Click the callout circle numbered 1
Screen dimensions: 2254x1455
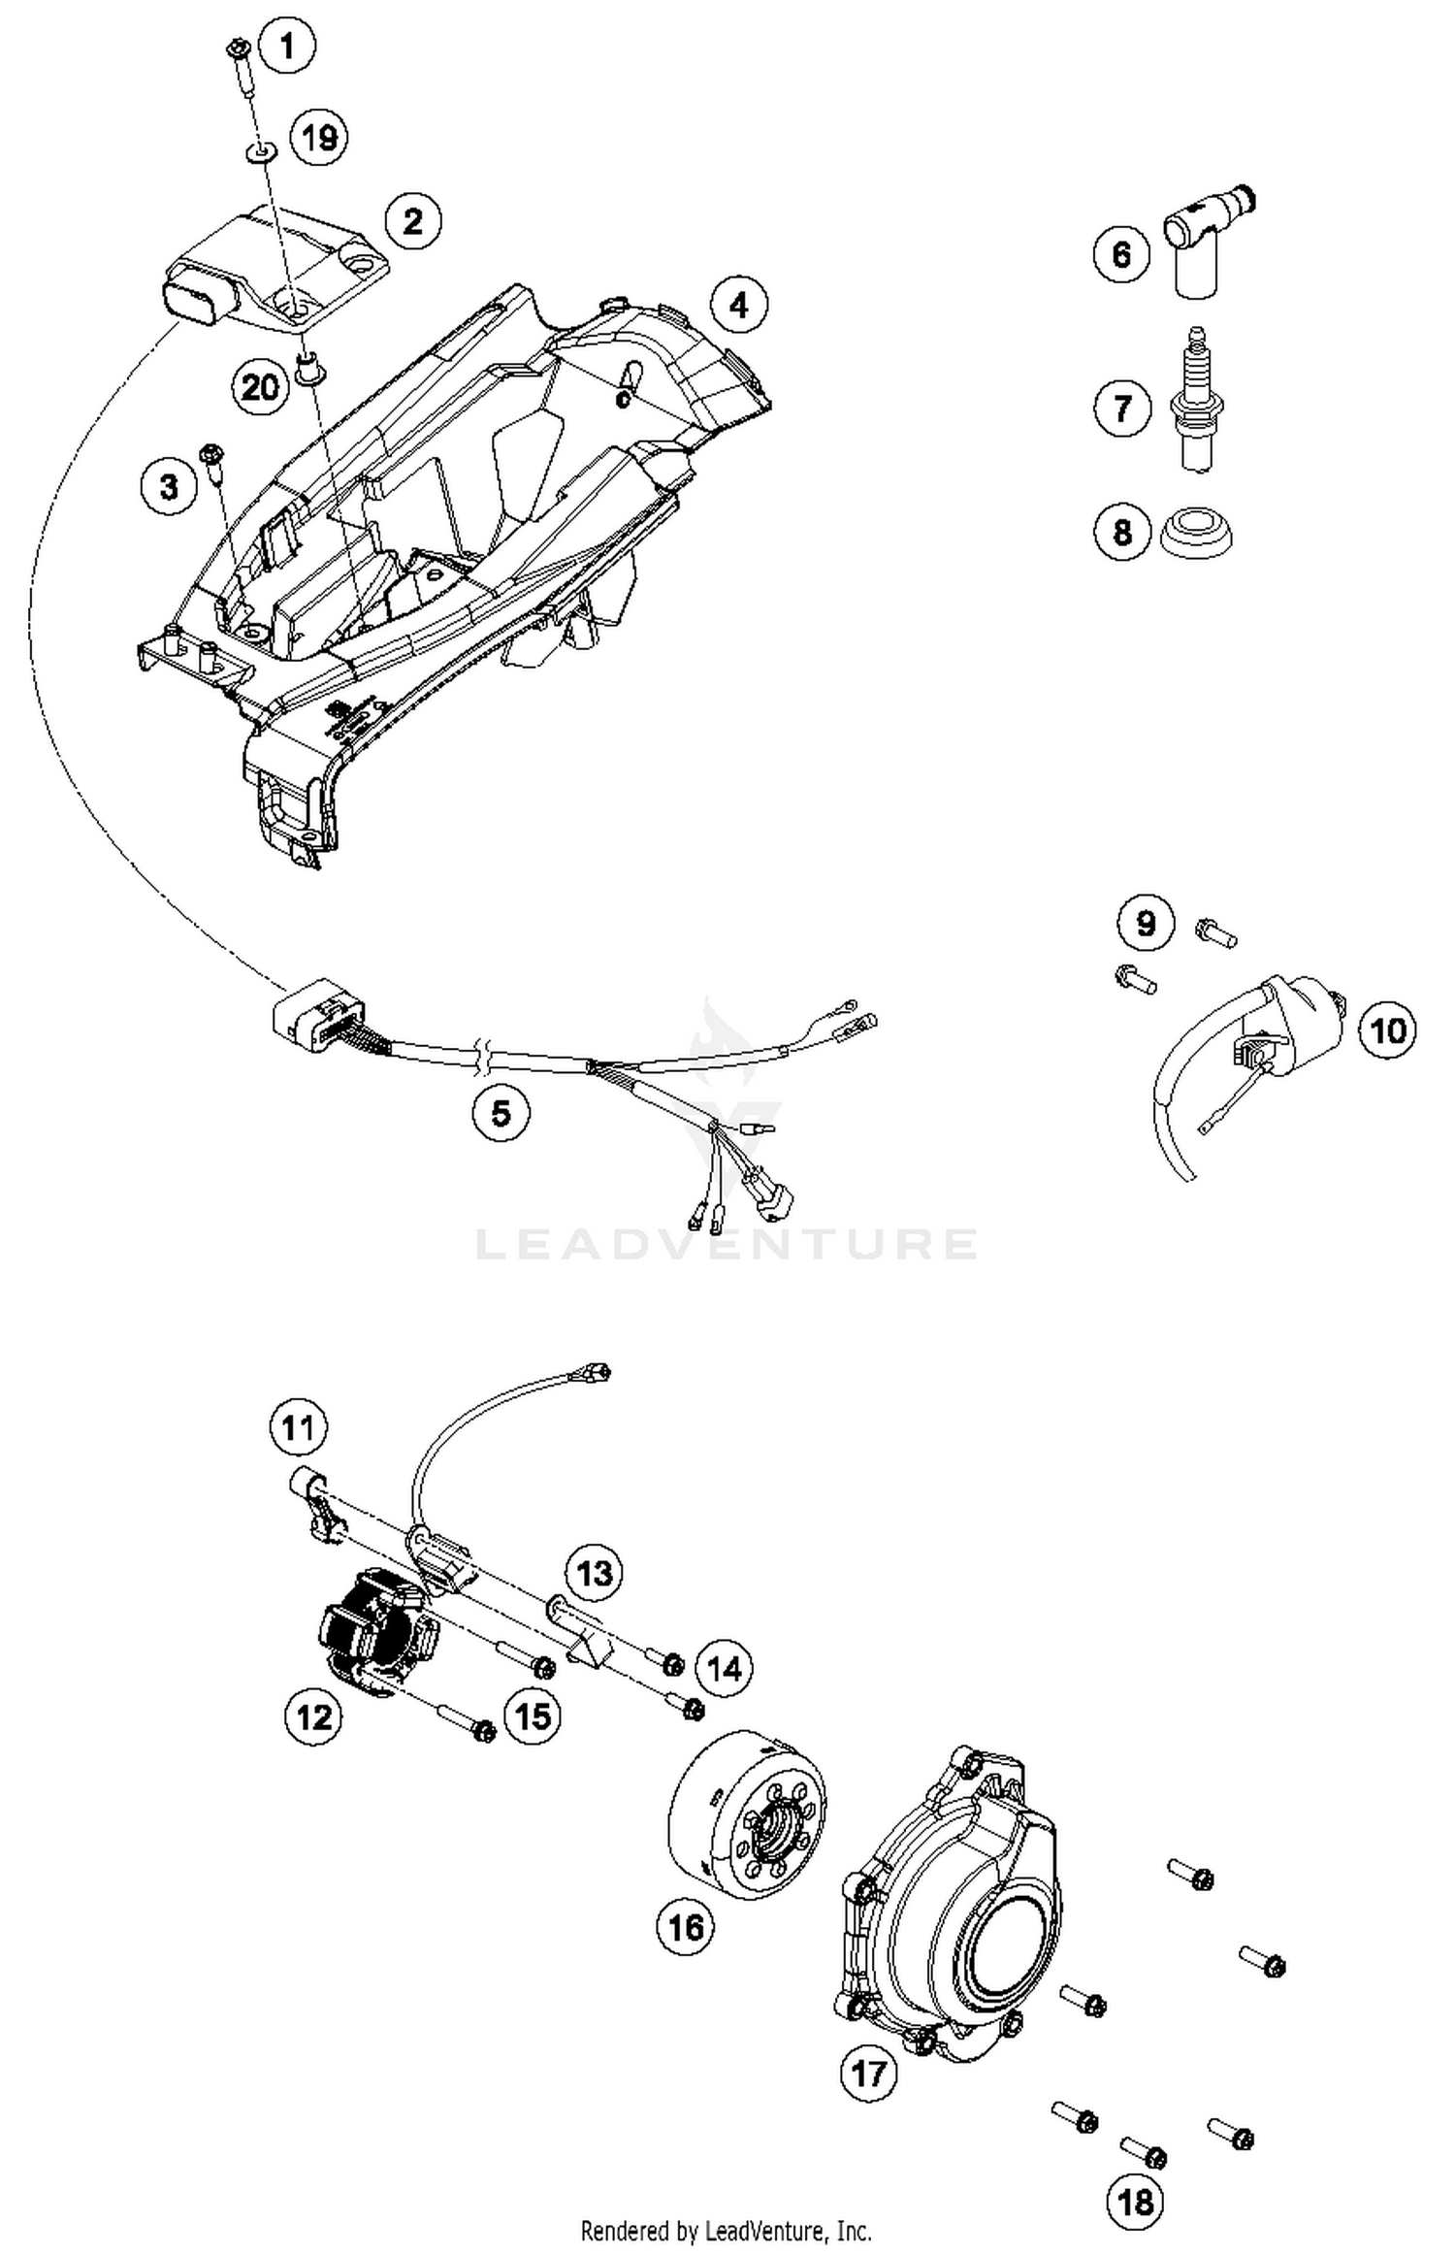click(x=287, y=45)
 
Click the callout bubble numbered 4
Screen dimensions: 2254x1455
click(x=738, y=305)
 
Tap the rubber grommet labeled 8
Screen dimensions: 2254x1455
click(x=1198, y=533)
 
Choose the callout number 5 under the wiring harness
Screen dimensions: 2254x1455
click(x=501, y=1112)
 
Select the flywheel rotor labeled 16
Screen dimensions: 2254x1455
click(x=747, y=1813)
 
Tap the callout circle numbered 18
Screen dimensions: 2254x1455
click(x=1135, y=2201)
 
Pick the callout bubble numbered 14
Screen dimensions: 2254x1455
click(x=725, y=1669)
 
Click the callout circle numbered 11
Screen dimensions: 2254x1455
click(x=298, y=1428)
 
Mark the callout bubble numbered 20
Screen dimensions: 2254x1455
click(x=260, y=388)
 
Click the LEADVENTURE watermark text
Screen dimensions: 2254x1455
click(x=727, y=1244)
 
